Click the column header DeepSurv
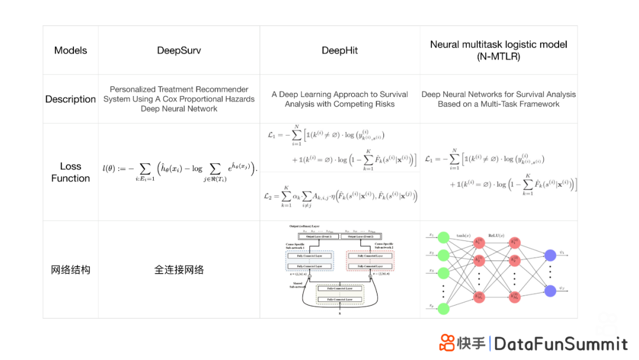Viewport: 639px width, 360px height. tap(179, 50)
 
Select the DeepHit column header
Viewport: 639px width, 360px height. tap(340, 50)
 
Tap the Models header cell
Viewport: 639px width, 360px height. tap(70, 50)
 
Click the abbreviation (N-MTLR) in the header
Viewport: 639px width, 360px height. tap(498, 57)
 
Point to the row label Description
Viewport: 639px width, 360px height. tap(70, 99)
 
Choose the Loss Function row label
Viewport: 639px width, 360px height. tap(70, 172)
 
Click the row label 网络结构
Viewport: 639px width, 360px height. tap(70, 270)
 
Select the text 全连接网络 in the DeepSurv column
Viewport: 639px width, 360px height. tap(179, 270)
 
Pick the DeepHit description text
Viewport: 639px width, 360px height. tap(340, 99)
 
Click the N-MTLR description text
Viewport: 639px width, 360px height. tap(498, 99)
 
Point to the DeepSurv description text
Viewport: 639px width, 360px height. tap(179, 99)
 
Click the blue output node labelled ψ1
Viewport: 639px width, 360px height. tap(550, 255)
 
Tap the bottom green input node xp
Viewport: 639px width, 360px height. tap(443, 308)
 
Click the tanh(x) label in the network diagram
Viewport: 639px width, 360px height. tap(464, 236)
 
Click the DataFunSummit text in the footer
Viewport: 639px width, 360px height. tap(560, 343)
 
